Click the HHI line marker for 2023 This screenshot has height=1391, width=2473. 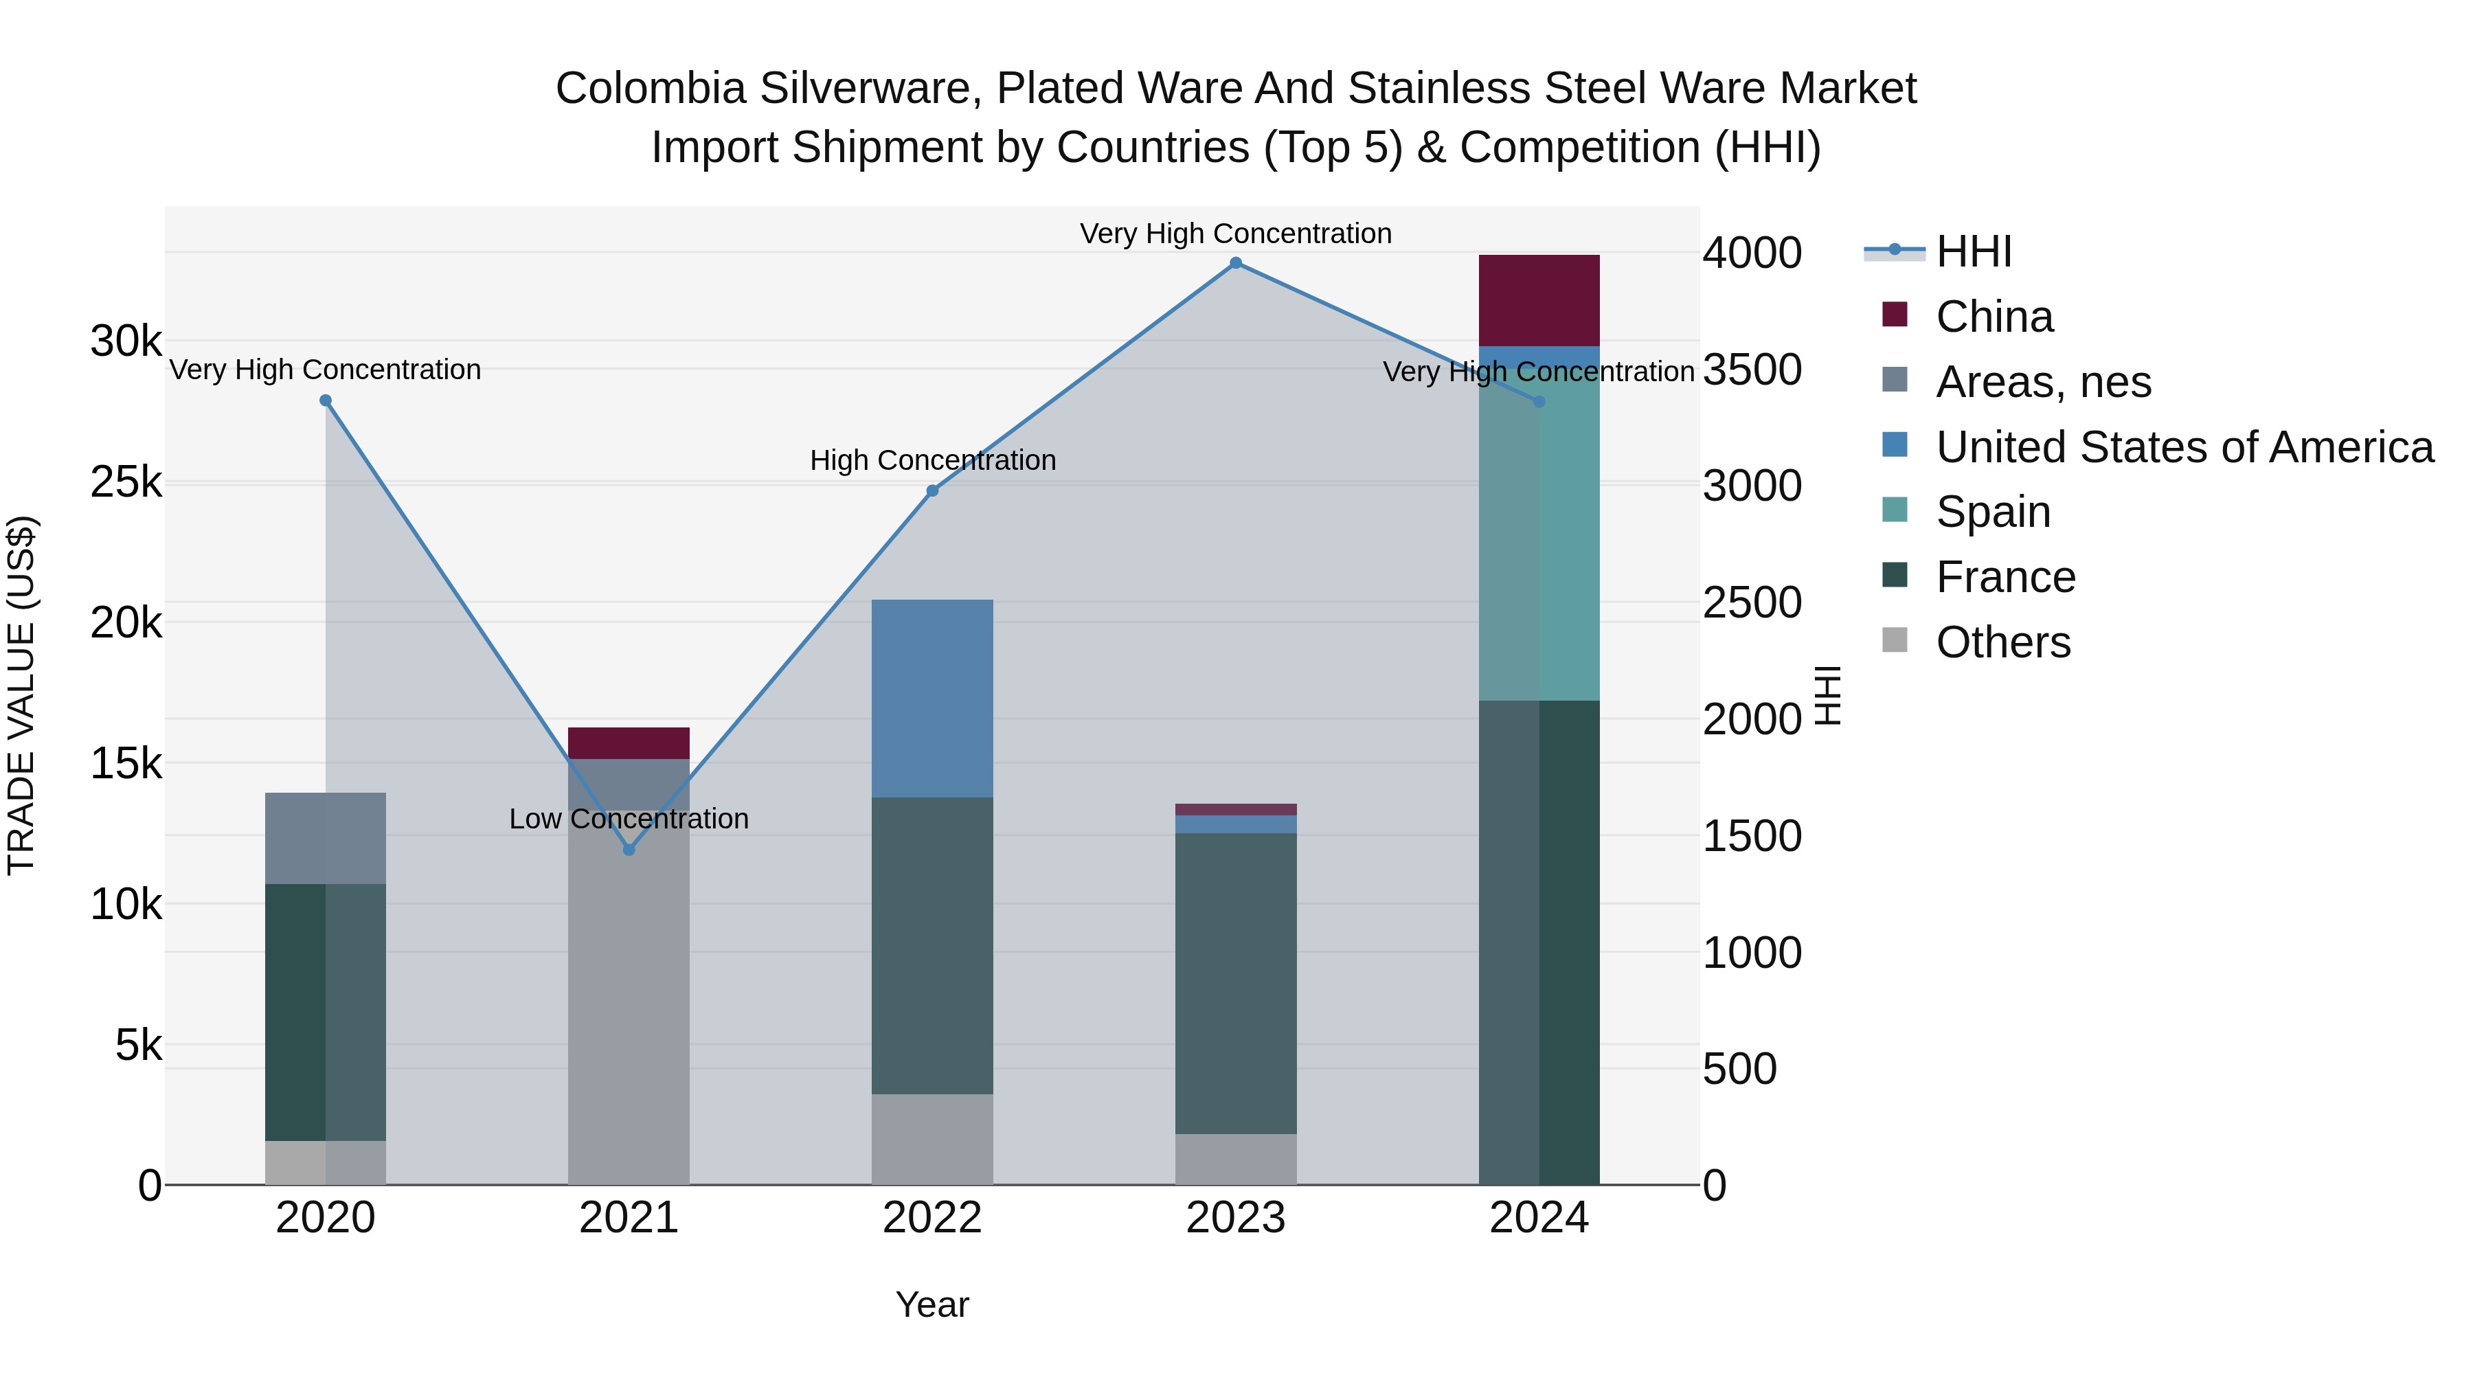[1236, 263]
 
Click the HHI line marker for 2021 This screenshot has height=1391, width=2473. [629, 850]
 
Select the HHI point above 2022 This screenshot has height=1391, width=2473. [932, 490]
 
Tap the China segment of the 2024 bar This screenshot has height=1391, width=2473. [1539, 300]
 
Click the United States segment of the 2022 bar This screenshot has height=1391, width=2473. [932, 698]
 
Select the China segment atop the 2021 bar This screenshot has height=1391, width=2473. [629, 743]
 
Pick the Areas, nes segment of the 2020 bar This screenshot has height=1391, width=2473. [326, 838]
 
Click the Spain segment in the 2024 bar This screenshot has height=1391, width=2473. [1539, 538]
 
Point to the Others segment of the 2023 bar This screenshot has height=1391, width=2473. [1236, 1159]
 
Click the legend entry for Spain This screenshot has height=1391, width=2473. [1993, 512]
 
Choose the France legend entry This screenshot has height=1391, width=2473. [2005, 577]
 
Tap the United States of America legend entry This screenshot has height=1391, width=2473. [2184, 447]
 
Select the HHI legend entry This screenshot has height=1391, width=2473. [1974, 251]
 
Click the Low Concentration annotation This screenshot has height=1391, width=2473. [629, 819]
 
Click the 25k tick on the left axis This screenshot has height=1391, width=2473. [126, 482]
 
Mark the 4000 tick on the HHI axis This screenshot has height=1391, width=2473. [1752, 253]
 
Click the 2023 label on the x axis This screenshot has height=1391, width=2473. [1236, 1218]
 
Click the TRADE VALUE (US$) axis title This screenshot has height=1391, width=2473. [21, 695]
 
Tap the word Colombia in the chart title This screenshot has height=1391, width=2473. [650, 89]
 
